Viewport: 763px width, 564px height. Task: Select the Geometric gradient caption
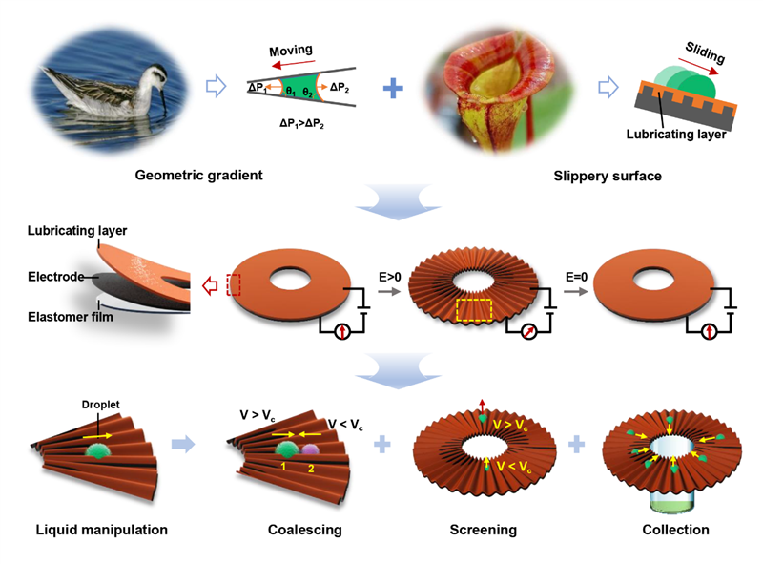198,176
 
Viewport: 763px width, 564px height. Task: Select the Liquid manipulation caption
102,529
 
